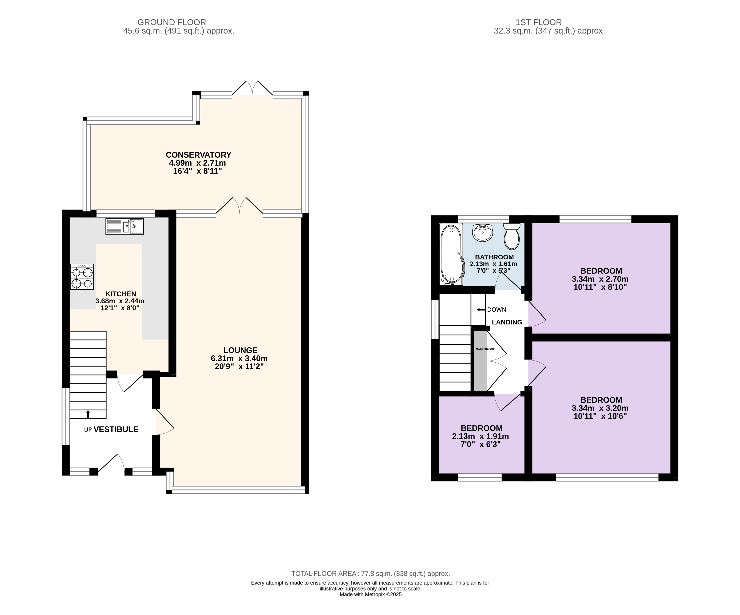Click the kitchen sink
coord(124,226)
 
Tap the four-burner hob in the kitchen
coord(82,277)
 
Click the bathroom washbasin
coord(482,233)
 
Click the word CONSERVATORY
coord(198,155)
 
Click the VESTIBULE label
coord(116,429)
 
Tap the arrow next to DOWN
coord(481,310)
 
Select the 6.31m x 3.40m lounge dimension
coord(239,358)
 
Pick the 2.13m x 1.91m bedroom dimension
coord(481,436)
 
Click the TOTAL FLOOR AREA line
coord(371,574)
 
